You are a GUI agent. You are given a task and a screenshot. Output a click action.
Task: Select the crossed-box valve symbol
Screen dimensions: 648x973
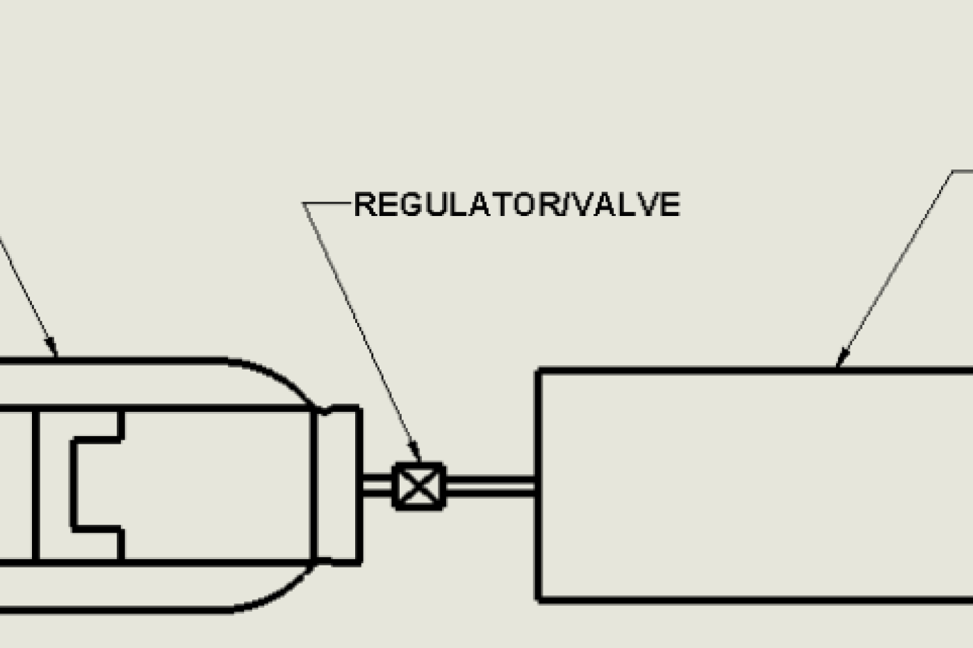(x=419, y=485)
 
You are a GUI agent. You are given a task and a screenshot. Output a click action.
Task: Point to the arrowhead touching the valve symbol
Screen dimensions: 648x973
(x=415, y=454)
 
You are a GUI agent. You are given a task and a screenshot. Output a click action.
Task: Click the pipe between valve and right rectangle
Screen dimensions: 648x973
(x=490, y=485)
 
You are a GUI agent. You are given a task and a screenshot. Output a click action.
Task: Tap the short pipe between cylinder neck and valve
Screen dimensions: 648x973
(x=377, y=485)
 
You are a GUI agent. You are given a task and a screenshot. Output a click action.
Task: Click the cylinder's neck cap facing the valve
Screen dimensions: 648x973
(x=339, y=484)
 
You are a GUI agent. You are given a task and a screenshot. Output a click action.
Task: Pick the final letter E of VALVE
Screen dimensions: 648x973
(x=670, y=205)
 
